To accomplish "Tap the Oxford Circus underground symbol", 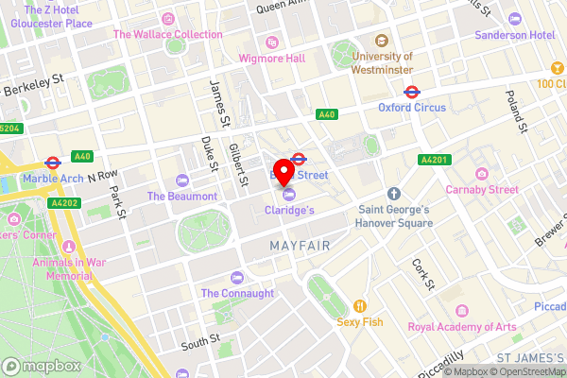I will click(412, 93).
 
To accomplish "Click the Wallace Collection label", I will click(167, 34).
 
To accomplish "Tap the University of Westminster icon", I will click(382, 41).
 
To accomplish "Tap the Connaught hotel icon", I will click(237, 278).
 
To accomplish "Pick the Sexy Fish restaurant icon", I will click(359, 305).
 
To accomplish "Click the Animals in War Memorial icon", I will click(67, 244).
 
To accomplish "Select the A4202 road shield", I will click(64, 202).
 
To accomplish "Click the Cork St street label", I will click(421, 273).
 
